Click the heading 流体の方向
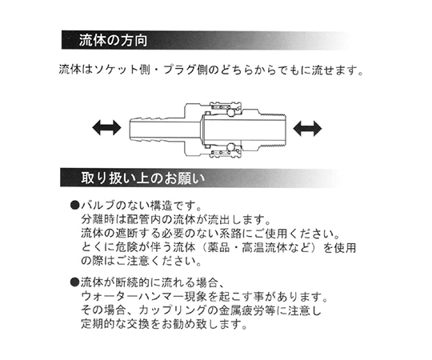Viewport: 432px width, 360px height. [x=113, y=41]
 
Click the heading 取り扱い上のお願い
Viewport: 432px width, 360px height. [x=143, y=178]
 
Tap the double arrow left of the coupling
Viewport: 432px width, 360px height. [x=106, y=128]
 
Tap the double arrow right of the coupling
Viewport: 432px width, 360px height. [x=307, y=128]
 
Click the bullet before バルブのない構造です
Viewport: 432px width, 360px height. [x=74, y=206]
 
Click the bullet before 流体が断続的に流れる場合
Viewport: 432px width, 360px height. [x=74, y=282]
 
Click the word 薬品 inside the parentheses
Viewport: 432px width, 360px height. [x=218, y=247]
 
